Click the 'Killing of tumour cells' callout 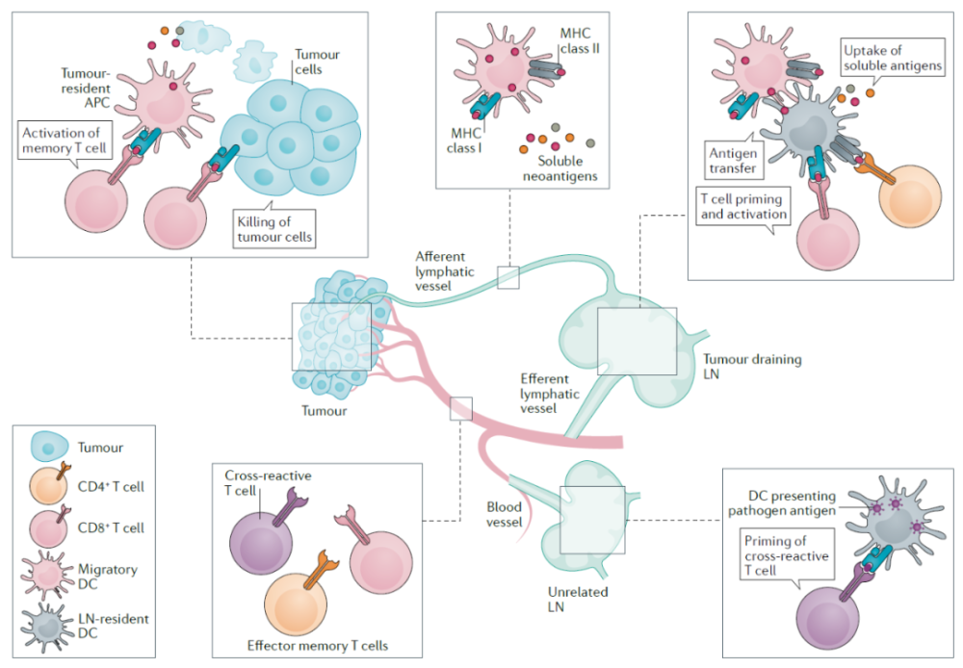pos(273,229)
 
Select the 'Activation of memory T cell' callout pos(65,140)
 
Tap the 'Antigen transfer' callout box pos(733,160)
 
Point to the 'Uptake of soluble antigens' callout pos(893,58)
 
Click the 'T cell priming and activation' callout pos(743,206)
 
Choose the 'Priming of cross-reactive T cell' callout pos(787,555)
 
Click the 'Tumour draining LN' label pos(752,367)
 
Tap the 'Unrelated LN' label pos(577,600)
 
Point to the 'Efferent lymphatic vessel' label pos(550,394)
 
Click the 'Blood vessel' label pos(505,515)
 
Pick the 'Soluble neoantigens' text pos(560,168)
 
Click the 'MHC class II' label pos(579,40)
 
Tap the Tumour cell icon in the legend pos(48,447)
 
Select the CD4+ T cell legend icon pos(49,485)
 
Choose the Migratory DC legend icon pos(47,576)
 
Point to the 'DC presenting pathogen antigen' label pos(782,502)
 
